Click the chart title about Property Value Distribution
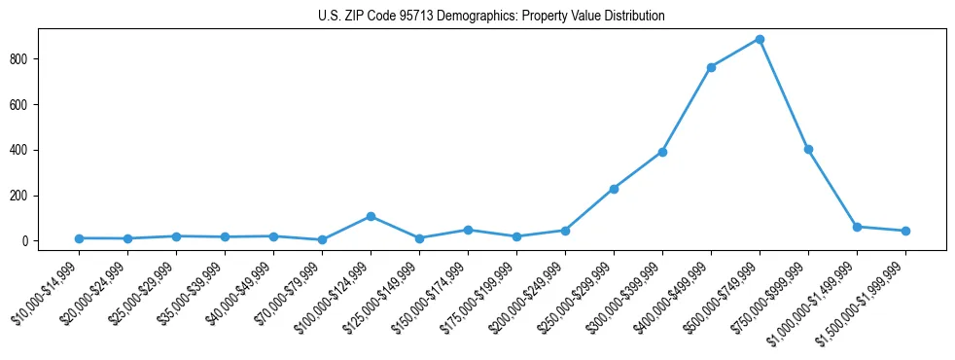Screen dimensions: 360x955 click(491, 17)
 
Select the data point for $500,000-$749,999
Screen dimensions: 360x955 click(760, 39)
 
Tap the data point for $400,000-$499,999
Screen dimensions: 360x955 click(711, 67)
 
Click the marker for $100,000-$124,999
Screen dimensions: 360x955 click(371, 216)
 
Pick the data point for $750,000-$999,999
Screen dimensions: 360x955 click(808, 149)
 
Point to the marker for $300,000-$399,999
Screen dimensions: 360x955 click(662, 152)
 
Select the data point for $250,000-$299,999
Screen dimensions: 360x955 click(614, 189)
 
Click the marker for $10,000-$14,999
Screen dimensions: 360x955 click(79, 238)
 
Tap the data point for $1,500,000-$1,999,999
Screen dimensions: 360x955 click(905, 231)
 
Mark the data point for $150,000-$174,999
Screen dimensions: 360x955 click(468, 230)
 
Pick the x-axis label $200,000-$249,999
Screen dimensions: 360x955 click(528, 297)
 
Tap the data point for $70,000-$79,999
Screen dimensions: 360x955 click(322, 239)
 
